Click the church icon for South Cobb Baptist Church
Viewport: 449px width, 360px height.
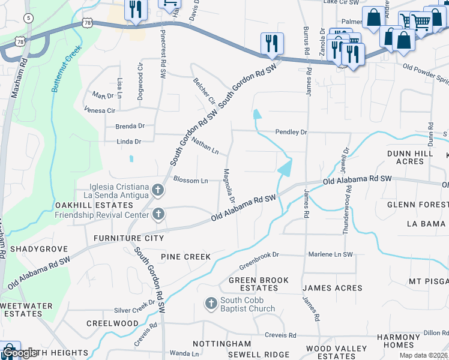(211, 304)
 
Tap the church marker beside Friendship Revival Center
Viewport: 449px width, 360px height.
(158, 214)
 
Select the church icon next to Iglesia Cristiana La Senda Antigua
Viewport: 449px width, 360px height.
(158, 190)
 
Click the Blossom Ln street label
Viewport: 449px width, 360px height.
(190, 180)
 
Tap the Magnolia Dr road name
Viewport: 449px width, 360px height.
(229, 184)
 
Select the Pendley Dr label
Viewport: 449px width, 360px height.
(291, 131)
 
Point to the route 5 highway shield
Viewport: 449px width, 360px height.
(28, 18)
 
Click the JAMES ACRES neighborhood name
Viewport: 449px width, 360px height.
(332, 288)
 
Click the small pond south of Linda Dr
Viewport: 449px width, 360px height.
(131, 159)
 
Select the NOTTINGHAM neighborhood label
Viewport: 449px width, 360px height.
(221, 344)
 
